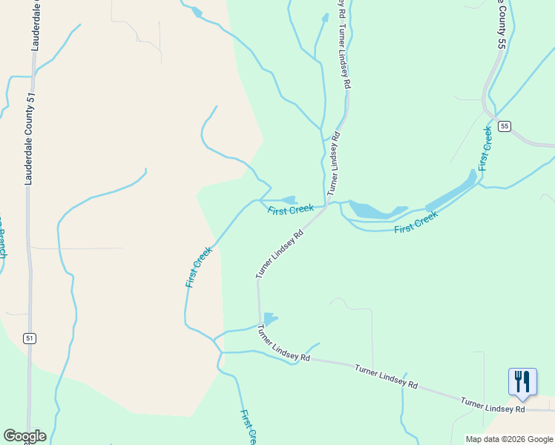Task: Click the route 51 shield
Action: coord(29,338)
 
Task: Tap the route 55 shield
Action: coord(505,126)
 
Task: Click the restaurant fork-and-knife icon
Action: coord(522,382)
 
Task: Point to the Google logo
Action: coord(24,436)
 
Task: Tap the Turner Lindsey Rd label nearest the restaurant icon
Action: coord(493,405)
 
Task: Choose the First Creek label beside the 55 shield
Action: coord(485,148)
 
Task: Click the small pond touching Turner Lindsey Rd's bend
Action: coord(269,319)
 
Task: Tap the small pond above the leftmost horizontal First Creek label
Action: coord(288,200)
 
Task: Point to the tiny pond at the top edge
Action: coord(197,12)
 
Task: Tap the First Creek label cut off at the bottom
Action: coord(249,426)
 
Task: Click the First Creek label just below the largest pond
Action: coord(416,221)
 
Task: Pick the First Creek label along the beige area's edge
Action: coord(199,266)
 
